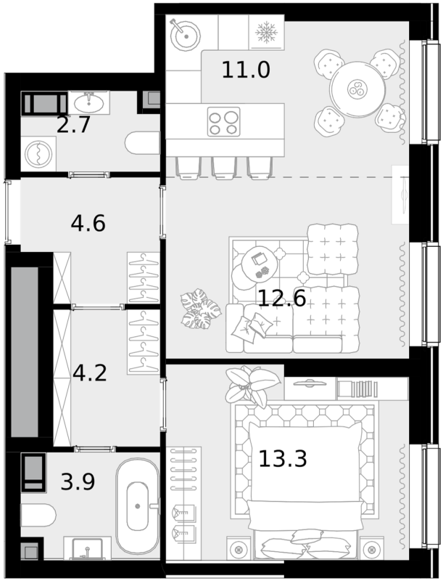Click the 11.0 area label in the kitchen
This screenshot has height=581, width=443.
click(246, 70)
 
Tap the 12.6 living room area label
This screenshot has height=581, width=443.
click(282, 298)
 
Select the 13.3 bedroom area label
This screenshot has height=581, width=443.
click(283, 459)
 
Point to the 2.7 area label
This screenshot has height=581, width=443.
click(73, 125)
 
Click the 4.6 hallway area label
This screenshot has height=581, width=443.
click(88, 224)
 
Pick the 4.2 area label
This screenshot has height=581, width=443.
click(90, 373)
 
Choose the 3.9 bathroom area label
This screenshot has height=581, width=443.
click(78, 482)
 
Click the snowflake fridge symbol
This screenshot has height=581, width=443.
click(266, 32)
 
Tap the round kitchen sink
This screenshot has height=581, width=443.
click(186, 36)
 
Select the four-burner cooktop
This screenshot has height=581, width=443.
click(224, 122)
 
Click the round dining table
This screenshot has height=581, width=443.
click(357, 89)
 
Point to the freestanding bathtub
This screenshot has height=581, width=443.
click(138, 505)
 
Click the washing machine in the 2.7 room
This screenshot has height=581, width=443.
click(38, 154)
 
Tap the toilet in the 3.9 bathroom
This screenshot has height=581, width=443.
click(38, 516)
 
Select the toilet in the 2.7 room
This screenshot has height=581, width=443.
click(142, 144)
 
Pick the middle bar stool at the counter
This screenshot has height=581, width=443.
click(224, 168)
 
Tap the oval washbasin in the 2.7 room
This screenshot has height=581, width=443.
click(88, 102)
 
